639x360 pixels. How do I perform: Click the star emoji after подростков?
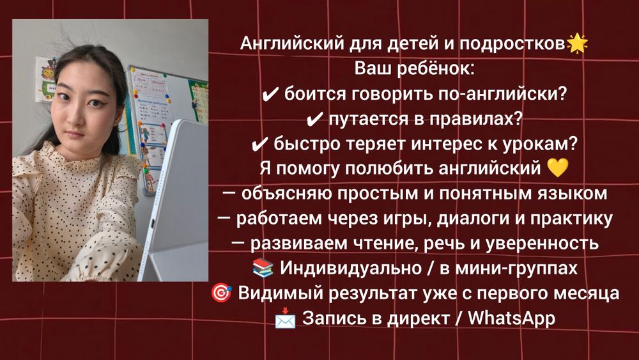[577, 43]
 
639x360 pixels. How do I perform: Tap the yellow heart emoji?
[557, 168]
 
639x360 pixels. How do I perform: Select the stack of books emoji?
[263, 267]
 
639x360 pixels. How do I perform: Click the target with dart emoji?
[221, 293]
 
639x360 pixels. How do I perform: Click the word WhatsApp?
[511, 318]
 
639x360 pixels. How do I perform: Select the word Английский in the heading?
[292, 43]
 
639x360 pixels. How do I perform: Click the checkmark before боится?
[270, 95]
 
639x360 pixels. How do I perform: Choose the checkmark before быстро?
[260, 145]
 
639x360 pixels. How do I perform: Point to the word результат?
[373, 293]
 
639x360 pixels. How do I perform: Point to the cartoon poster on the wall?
[45, 79]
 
